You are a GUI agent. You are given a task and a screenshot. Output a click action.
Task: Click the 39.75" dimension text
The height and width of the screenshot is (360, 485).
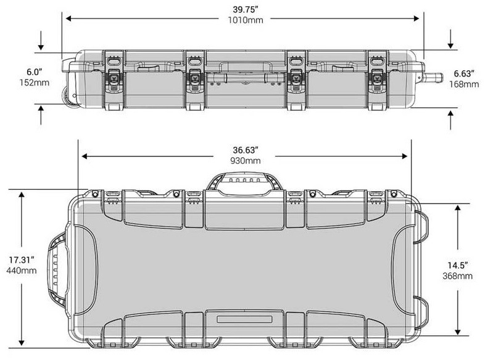pyautogui.click(x=244, y=10)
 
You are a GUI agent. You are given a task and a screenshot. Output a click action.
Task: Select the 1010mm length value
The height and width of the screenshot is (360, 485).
pyautogui.click(x=244, y=21)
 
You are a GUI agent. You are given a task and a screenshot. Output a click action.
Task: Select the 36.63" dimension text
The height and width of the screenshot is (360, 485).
pyautogui.click(x=245, y=149)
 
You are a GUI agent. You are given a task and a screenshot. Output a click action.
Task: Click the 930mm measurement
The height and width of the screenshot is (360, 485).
pyautogui.click(x=245, y=160)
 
